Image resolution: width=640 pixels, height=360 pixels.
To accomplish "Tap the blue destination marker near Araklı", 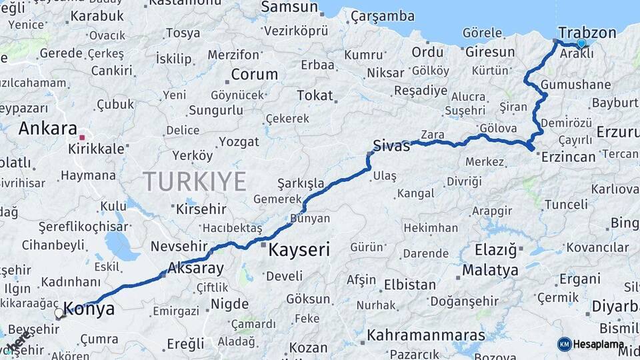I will coord(581,43).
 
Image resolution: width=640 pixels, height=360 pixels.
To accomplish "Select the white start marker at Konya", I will coord(59,313).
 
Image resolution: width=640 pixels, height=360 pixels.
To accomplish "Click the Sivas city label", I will coord(391,146).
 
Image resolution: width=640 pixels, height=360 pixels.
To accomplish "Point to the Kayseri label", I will coord(299,251).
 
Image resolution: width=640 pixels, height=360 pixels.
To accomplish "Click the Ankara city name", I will coord(48,129).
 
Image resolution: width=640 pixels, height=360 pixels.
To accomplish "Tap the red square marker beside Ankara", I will coord(82,138).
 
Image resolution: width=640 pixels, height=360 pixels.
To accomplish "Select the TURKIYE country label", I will coord(195,181).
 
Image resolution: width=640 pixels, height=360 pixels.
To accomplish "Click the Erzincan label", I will coord(569,157).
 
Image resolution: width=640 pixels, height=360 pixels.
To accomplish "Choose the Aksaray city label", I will coord(196,269).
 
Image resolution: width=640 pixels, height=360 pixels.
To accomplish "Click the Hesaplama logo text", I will coord(599,344).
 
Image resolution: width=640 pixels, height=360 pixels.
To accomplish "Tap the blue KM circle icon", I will coord(564,344).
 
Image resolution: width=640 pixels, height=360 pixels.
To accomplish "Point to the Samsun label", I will coord(289,7).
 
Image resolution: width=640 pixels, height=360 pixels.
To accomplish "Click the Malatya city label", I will coord(490,271).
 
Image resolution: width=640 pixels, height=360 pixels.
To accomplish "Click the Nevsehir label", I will coord(175,246).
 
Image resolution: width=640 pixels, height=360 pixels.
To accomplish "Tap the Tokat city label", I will coord(315,95).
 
